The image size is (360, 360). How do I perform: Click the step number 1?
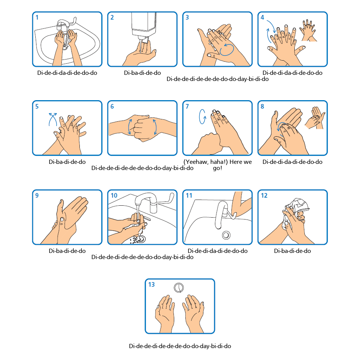pos(37,17)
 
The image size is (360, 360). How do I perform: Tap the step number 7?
pos(187,106)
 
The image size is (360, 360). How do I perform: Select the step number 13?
pos(152,284)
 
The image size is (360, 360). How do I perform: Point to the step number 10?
pos(114,195)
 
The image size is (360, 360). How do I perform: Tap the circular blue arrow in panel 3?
pos(226,50)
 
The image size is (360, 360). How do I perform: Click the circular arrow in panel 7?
pos(202,117)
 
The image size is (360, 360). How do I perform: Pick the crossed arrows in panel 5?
pos(53,119)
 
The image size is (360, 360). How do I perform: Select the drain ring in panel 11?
pos(226,235)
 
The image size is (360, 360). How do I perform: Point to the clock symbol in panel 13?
pos(179,288)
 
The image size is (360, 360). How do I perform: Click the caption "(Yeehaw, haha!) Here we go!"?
pos(218,165)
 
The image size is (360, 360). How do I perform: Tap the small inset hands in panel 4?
pos(308,30)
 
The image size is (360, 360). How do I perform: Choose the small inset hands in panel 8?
pos(315,117)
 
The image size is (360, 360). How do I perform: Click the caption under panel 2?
pos(142,73)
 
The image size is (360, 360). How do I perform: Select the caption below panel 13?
pos(180,346)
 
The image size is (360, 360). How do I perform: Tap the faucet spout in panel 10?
pos(145,199)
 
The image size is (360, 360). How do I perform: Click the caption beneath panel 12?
pos(292,251)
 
